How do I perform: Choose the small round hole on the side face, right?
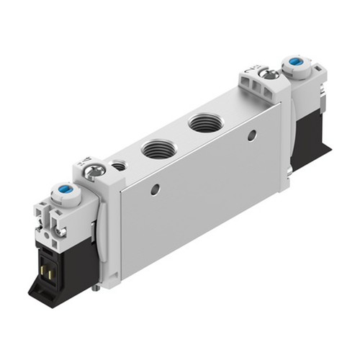click(x=251, y=135)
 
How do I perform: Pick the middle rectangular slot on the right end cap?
click(x=265, y=90)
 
